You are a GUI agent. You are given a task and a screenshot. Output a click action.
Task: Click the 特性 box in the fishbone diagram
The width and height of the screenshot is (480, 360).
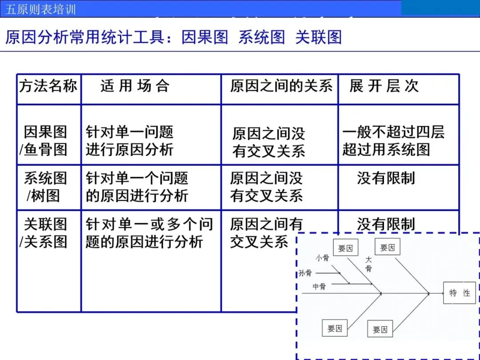459,293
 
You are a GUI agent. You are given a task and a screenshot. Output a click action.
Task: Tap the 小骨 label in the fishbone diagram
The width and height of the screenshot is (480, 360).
322,258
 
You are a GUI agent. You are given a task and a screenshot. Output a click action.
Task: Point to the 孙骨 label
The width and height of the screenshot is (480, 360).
305,273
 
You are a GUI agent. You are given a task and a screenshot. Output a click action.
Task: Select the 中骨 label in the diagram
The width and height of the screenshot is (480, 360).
319,287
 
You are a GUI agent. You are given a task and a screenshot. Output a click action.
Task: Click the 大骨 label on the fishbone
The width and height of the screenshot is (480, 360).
368,264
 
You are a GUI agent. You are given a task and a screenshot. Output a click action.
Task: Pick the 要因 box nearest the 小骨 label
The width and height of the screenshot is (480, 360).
345,248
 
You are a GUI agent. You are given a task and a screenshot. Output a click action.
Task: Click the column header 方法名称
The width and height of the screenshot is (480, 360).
48,86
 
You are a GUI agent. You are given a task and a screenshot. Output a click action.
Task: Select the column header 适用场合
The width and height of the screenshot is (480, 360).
135,86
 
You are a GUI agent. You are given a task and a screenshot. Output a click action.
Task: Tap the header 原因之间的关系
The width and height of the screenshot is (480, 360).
281,86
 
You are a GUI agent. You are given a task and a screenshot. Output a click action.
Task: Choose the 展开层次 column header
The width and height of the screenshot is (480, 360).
384,86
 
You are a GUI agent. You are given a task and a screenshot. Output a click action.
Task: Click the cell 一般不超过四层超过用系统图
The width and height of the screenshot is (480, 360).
393,141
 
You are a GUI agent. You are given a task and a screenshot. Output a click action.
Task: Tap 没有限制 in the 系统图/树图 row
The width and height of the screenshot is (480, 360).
386,179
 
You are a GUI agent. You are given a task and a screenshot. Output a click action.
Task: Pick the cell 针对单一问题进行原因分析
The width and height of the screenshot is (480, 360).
129,141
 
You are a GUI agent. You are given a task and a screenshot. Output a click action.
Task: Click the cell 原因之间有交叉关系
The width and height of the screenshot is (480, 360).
266,233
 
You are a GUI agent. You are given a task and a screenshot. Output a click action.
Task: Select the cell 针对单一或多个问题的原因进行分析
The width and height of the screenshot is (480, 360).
149,233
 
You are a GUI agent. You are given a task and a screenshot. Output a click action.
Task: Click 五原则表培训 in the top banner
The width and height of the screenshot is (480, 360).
41,9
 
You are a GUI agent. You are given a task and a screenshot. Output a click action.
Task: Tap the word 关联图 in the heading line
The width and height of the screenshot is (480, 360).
319,37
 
